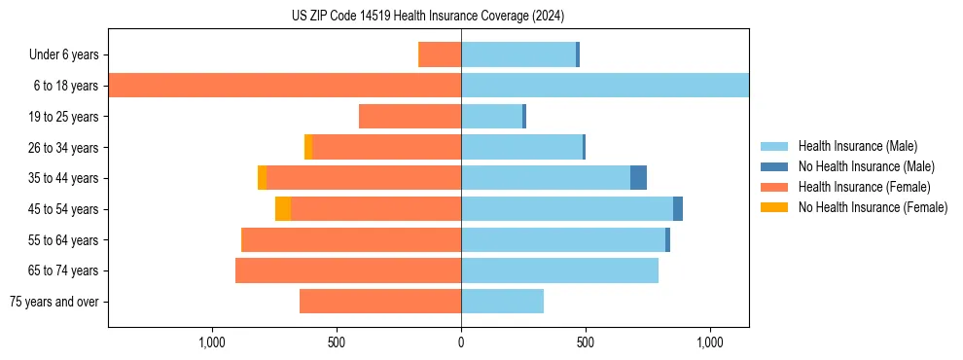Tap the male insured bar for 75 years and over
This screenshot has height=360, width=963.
tap(502, 302)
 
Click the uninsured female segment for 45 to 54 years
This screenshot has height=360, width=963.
tap(283, 209)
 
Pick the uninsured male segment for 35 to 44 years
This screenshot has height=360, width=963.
tap(638, 178)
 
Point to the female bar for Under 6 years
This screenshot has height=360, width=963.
tap(440, 54)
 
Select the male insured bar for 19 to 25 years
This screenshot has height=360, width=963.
tap(491, 117)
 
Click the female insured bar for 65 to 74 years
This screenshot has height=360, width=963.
tap(348, 270)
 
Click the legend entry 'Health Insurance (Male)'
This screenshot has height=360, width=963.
tap(857, 146)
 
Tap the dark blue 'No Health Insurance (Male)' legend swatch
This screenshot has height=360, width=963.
tap(774, 166)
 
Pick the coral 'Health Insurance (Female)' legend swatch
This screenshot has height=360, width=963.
tap(774, 187)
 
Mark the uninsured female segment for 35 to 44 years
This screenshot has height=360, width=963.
tap(263, 178)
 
